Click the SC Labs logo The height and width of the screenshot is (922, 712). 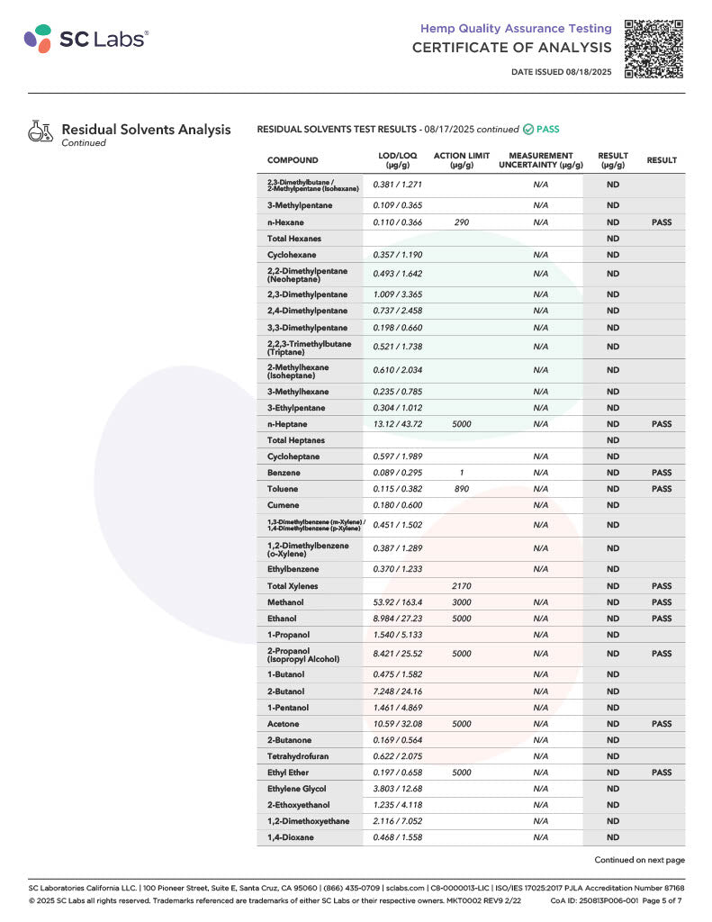pos(86,38)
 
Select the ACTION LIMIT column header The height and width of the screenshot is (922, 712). pos(462,160)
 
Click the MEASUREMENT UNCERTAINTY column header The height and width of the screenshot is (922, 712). pos(540,160)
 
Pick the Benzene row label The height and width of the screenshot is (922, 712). pos(284,473)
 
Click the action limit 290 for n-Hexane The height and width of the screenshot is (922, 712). pos(462,222)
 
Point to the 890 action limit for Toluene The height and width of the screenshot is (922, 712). pos(462,489)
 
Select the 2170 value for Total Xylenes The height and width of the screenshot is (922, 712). pos(462,586)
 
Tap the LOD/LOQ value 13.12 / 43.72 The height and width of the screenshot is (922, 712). pos(397,424)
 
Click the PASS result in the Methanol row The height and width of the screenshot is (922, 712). pos(662,602)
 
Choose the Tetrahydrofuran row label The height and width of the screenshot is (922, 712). pos(299,756)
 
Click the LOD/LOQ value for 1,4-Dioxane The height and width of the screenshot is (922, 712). pos(397,837)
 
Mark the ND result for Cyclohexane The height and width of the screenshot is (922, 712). pos(613,255)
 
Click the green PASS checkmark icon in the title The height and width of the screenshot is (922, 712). pos(527,130)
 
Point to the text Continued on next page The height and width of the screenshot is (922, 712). pos(639,860)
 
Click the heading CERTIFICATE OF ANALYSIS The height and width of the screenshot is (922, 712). pos(511,48)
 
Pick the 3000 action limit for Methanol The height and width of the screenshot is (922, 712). pos(462,602)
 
